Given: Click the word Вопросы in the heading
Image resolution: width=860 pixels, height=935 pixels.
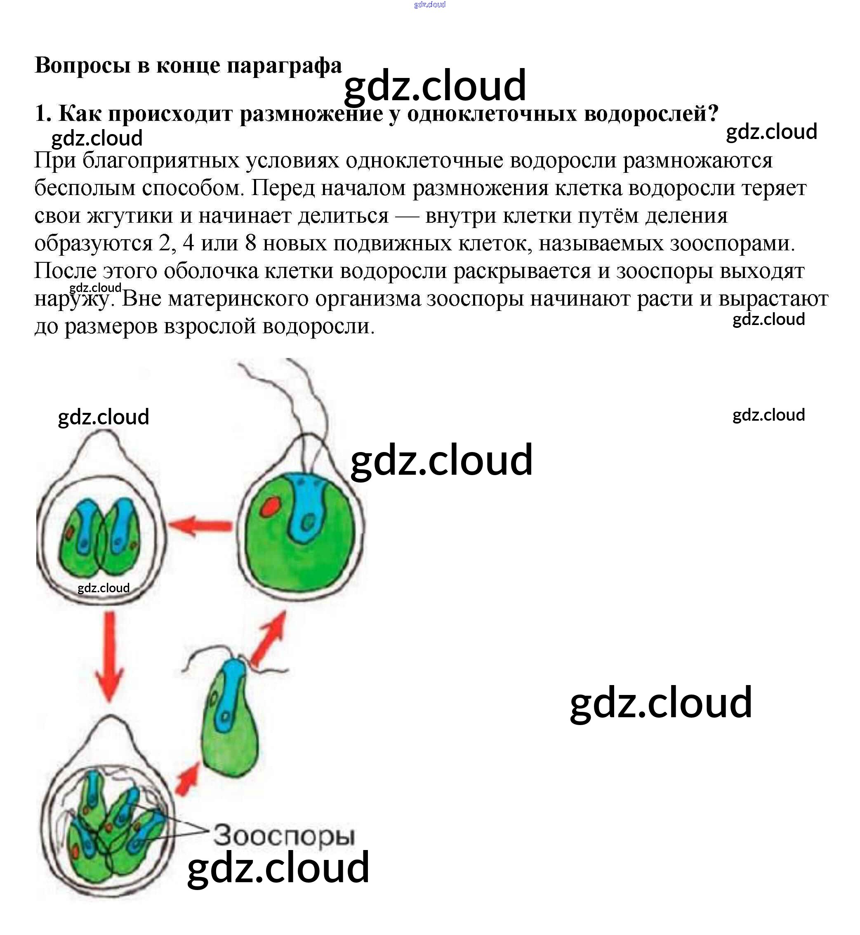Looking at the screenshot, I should point(82,65).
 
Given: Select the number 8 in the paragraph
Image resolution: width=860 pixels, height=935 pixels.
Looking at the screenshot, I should point(250,243).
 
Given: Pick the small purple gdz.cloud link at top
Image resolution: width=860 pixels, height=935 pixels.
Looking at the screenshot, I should point(429,5).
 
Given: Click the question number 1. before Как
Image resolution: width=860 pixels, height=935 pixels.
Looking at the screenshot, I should point(43,113).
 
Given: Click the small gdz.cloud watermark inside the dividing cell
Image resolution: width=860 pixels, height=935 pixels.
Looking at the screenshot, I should point(103,588).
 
